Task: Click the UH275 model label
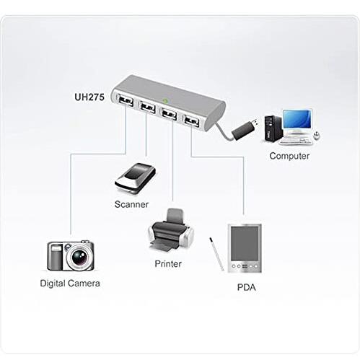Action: pos(89,97)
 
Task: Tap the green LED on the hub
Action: pos(165,101)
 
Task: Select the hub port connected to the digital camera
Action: pos(126,100)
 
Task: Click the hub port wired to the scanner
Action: pos(147,107)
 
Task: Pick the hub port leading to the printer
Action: pos(169,114)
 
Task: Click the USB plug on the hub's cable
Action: pos(245,129)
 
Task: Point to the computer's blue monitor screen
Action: pos(297,119)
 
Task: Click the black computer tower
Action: pos(273,128)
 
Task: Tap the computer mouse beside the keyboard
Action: pos(317,136)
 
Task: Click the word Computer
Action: pos(289,156)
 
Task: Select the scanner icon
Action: pos(135,178)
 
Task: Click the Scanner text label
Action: pos(131,204)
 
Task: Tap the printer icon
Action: pos(171,230)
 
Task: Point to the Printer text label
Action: pos(168,264)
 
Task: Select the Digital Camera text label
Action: pos(70,284)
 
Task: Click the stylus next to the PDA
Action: pos(216,254)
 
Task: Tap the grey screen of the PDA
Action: pos(245,244)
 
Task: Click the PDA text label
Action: pos(246,287)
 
